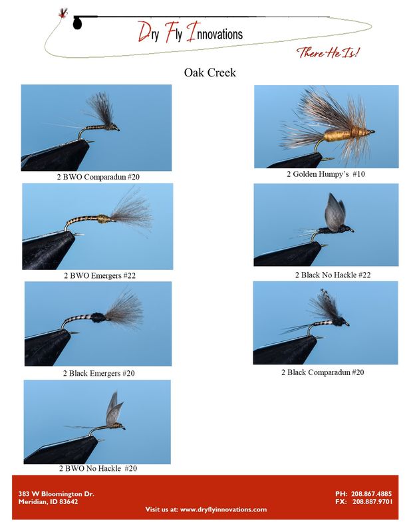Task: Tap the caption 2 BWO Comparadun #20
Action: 98,178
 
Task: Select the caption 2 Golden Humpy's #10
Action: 326,174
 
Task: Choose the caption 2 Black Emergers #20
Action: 98,373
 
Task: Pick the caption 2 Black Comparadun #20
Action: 326,372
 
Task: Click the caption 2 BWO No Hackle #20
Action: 97,468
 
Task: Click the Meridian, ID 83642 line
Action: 48,501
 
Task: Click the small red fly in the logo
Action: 64,13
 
